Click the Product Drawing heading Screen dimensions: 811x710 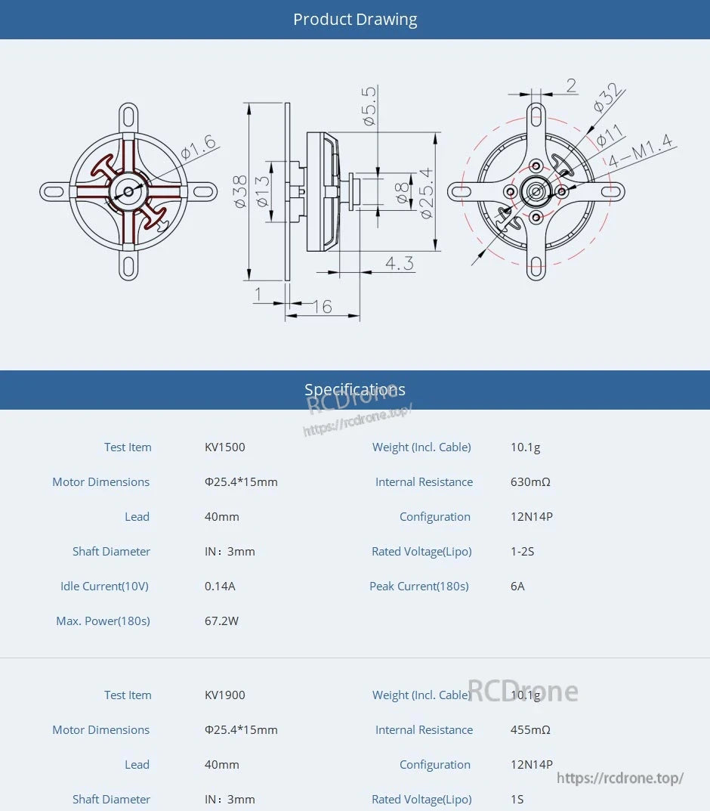point(355,20)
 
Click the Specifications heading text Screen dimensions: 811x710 point(355,390)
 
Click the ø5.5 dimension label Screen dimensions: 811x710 point(369,106)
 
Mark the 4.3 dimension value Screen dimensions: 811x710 point(399,263)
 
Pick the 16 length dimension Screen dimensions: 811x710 point(322,306)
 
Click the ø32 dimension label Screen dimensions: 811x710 point(609,98)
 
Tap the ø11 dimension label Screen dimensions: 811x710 point(610,135)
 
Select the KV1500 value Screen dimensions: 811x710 point(225,447)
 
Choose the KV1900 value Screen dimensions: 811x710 point(225,695)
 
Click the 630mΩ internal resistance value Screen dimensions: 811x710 point(530,482)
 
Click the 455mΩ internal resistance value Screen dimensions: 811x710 point(530,730)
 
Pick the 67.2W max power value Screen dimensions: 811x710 point(221,621)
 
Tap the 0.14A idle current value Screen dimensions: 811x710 point(220,587)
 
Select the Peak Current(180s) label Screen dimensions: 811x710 point(419,587)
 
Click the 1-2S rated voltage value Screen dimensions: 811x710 point(522,552)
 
